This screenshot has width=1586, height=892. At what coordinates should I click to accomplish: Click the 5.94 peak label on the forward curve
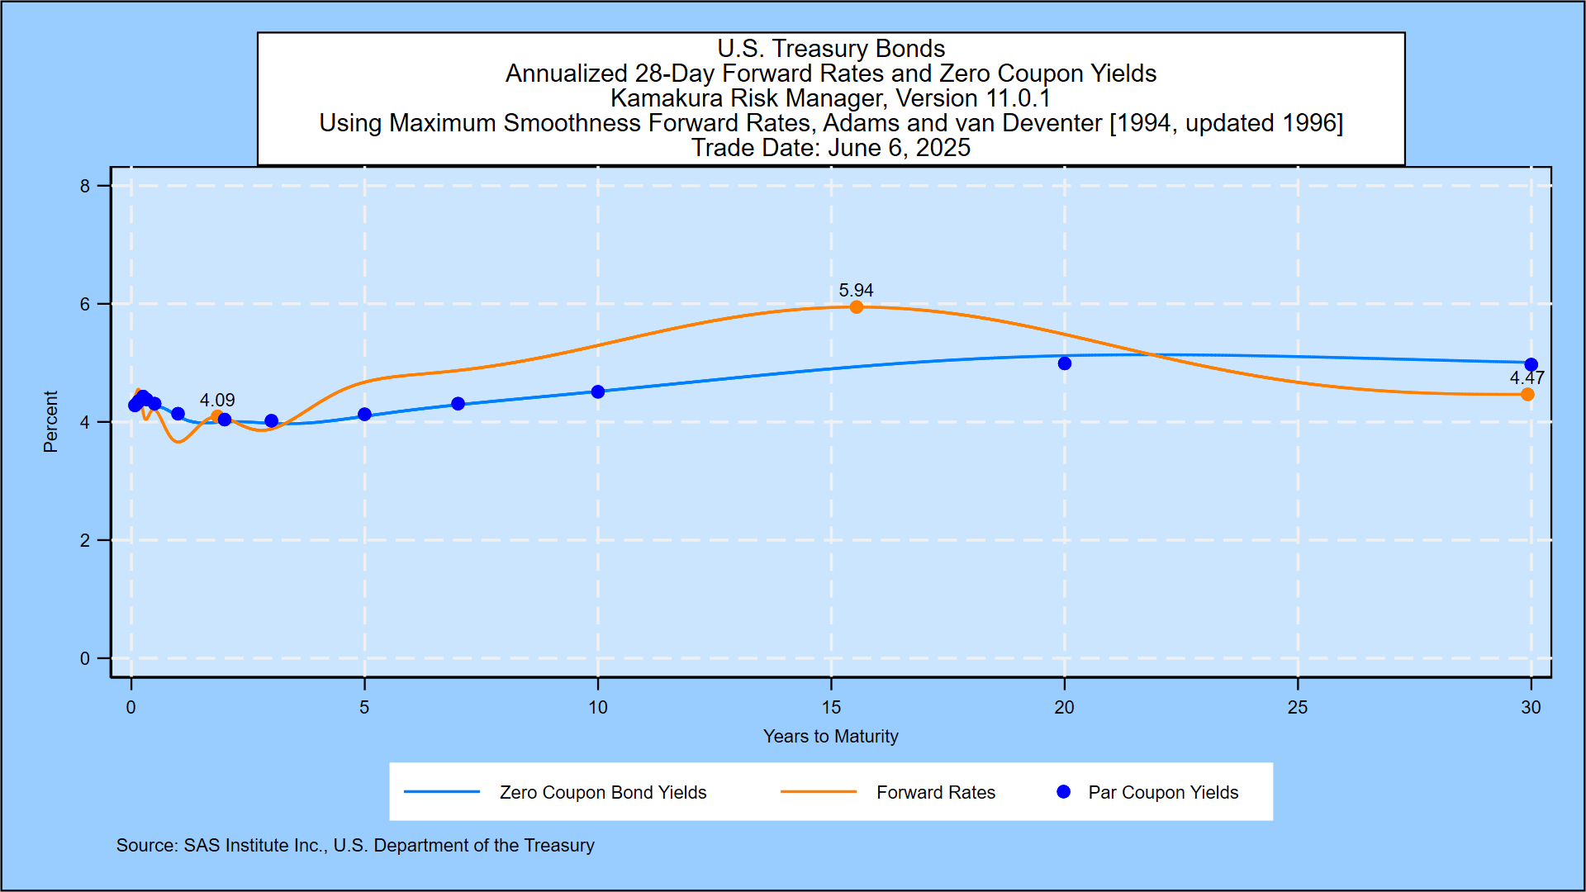pyautogui.click(x=856, y=291)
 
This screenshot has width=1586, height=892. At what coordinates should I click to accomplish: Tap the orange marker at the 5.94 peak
pyautogui.click(x=857, y=307)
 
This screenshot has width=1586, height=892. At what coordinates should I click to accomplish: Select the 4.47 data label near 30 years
pyautogui.click(x=1527, y=378)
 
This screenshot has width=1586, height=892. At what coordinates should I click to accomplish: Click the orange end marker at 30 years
pyautogui.click(x=1527, y=395)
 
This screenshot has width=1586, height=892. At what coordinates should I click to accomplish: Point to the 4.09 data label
pyautogui.click(x=217, y=401)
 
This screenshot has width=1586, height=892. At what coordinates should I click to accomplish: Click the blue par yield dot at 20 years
pyautogui.click(x=1065, y=363)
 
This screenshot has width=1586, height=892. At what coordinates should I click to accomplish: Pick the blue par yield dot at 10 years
pyautogui.click(x=598, y=391)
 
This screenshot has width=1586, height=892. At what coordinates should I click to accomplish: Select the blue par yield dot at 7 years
pyautogui.click(x=458, y=404)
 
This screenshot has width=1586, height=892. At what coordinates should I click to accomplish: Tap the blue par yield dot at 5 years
pyautogui.click(x=365, y=415)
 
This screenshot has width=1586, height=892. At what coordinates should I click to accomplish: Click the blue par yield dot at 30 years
pyautogui.click(x=1531, y=364)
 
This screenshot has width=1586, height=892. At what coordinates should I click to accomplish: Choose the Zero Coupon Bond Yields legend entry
pyautogui.click(x=602, y=793)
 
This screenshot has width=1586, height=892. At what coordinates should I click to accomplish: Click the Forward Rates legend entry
pyautogui.click(x=935, y=793)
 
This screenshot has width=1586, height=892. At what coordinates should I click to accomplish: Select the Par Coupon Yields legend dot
pyautogui.click(x=1064, y=792)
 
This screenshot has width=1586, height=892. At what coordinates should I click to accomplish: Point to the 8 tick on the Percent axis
pyautogui.click(x=85, y=187)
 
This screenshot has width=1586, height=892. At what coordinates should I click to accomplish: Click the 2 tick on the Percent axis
pyautogui.click(x=85, y=541)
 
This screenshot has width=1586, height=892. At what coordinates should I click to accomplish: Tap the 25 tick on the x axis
pyautogui.click(x=1298, y=708)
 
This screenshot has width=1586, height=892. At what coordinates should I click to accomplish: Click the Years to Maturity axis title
pyautogui.click(x=830, y=737)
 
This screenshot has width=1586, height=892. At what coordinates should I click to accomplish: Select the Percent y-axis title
pyautogui.click(x=50, y=422)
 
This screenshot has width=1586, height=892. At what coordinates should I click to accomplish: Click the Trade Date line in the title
pyautogui.click(x=830, y=148)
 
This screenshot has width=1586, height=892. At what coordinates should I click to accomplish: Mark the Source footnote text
pyautogui.click(x=355, y=846)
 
